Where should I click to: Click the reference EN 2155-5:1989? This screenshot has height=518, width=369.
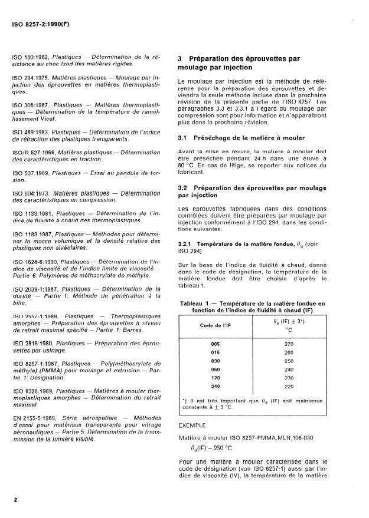[33, 418]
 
